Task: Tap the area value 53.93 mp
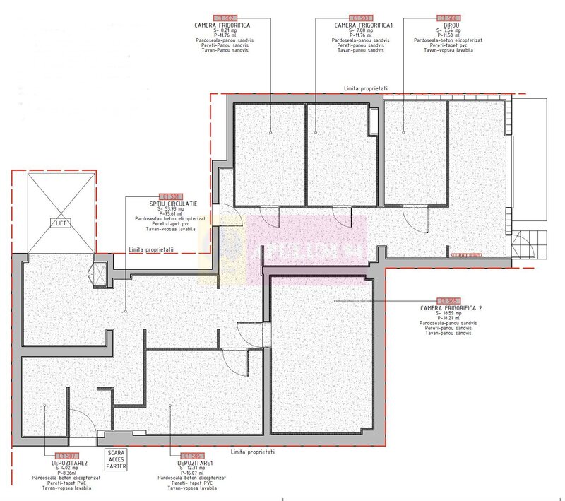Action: tap(170, 209)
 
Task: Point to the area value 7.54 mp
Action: tap(448, 30)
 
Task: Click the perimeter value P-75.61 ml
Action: tap(170, 214)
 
